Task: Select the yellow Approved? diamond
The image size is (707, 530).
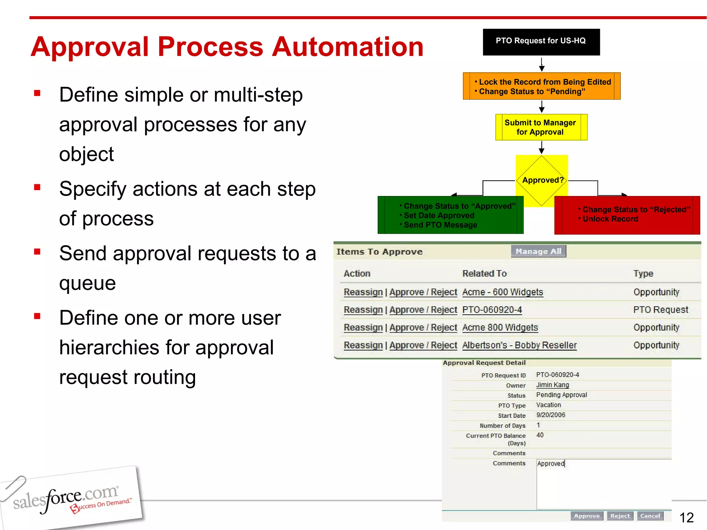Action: click(542, 180)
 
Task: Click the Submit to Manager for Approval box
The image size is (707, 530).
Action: click(541, 127)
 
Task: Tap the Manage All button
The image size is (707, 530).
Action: click(538, 251)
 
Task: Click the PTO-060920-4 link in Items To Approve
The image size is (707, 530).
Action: click(492, 310)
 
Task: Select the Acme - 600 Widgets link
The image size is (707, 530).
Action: click(502, 292)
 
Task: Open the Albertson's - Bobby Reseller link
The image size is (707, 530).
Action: click(519, 345)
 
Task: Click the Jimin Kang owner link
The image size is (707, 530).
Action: click(552, 385)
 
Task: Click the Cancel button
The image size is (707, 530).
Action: click(650, 516)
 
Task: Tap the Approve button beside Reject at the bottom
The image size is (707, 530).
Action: click(587, 516)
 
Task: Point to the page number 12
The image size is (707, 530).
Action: click(686, 518)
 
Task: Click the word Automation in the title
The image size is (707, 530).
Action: click(347, 47)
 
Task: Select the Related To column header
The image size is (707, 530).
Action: click(484, 274)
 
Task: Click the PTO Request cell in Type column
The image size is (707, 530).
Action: click(660, 310)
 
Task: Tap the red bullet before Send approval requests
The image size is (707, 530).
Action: click(37, 252)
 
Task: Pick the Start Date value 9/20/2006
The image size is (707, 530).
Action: click(551, 415)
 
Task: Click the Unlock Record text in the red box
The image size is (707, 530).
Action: click(610, 219)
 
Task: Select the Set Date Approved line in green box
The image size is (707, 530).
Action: click(439, 216)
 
